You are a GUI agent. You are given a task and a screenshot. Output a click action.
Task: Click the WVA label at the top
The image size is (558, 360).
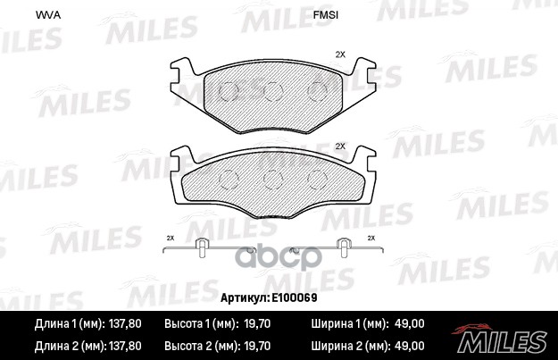tap(43, 15)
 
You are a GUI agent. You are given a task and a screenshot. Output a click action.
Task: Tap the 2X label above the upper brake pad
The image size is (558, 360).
tap(339, 55)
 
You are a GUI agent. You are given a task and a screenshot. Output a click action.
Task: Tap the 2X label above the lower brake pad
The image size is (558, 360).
tap(339, 147)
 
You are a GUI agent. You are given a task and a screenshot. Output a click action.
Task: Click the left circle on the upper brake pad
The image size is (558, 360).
tap(228, 90)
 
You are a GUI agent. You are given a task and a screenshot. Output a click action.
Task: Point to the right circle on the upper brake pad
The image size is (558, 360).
tap(316, 90)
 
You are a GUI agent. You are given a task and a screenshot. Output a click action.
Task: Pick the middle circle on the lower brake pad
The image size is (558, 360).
tap(272, 177)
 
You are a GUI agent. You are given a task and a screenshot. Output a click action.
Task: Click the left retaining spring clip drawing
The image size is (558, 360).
tap(204, 248)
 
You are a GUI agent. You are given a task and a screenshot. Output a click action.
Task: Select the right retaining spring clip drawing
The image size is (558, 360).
tap(340, 248)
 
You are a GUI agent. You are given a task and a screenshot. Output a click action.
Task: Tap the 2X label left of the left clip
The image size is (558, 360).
tap(171, 238)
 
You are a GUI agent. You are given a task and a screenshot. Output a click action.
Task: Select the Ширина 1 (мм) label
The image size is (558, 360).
tap(349, 323)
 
